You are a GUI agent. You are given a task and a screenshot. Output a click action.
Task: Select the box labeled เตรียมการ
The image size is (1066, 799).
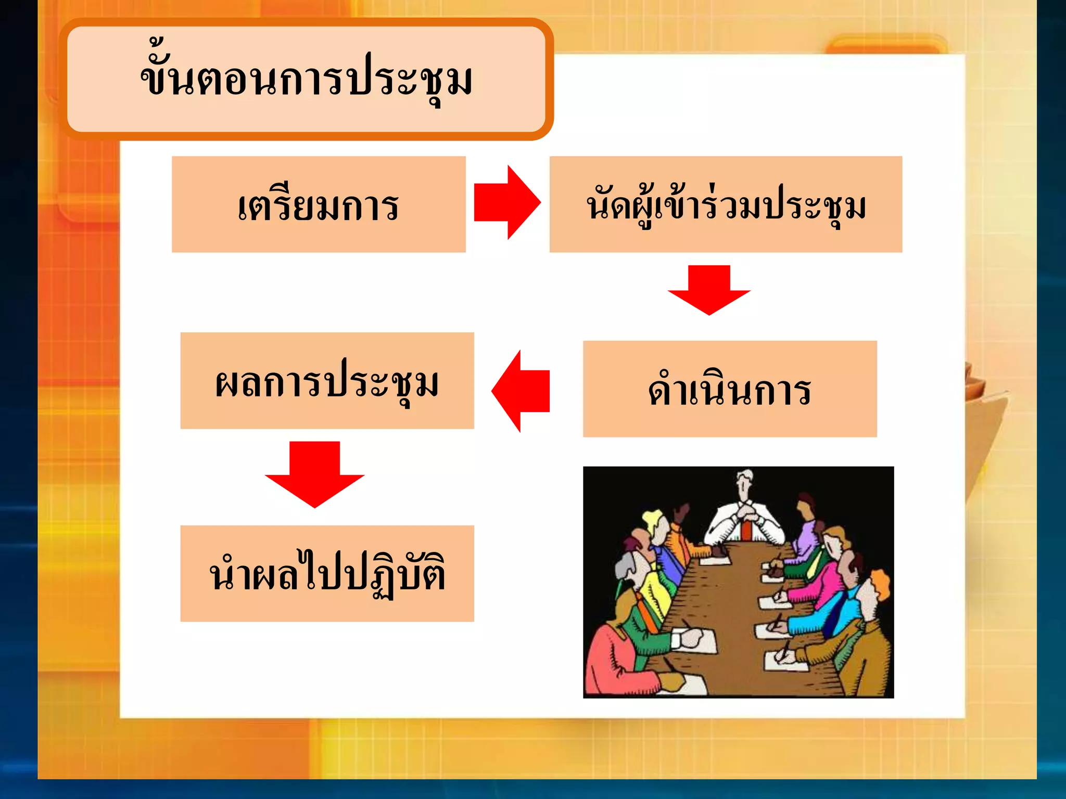(319, 204)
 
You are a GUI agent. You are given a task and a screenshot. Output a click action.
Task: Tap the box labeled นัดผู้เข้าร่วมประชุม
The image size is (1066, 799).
(726, 204)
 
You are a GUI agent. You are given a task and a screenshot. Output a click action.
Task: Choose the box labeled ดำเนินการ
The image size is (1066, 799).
(730, 389)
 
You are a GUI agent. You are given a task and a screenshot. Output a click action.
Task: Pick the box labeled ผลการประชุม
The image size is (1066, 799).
(327, 381)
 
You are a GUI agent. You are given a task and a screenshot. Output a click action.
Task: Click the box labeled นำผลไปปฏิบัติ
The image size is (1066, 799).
(327, 573)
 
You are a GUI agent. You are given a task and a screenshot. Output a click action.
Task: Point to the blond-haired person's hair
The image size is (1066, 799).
(651, 518)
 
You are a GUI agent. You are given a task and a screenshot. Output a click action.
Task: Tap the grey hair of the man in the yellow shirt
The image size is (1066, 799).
(625, 567)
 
